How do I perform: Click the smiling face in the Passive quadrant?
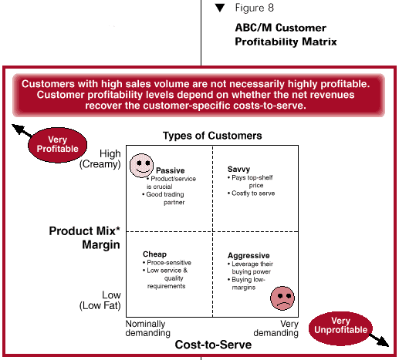141,166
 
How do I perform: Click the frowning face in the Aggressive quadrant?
282,298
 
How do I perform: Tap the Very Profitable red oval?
57,145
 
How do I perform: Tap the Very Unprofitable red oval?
340,326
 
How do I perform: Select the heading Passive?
171,170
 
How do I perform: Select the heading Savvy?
238,170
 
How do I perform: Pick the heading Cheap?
154,254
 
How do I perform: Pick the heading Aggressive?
249,256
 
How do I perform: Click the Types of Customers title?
212,136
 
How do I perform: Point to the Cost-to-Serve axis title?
213,345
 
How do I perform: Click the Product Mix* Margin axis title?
85,237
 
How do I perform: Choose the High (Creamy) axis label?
100,159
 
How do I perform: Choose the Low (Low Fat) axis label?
100,301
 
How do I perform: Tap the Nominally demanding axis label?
147,328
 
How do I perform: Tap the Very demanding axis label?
276,328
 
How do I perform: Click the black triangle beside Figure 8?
220,8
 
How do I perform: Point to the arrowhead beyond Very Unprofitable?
384,342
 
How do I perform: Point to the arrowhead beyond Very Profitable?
18,129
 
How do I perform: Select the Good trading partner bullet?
164,198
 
